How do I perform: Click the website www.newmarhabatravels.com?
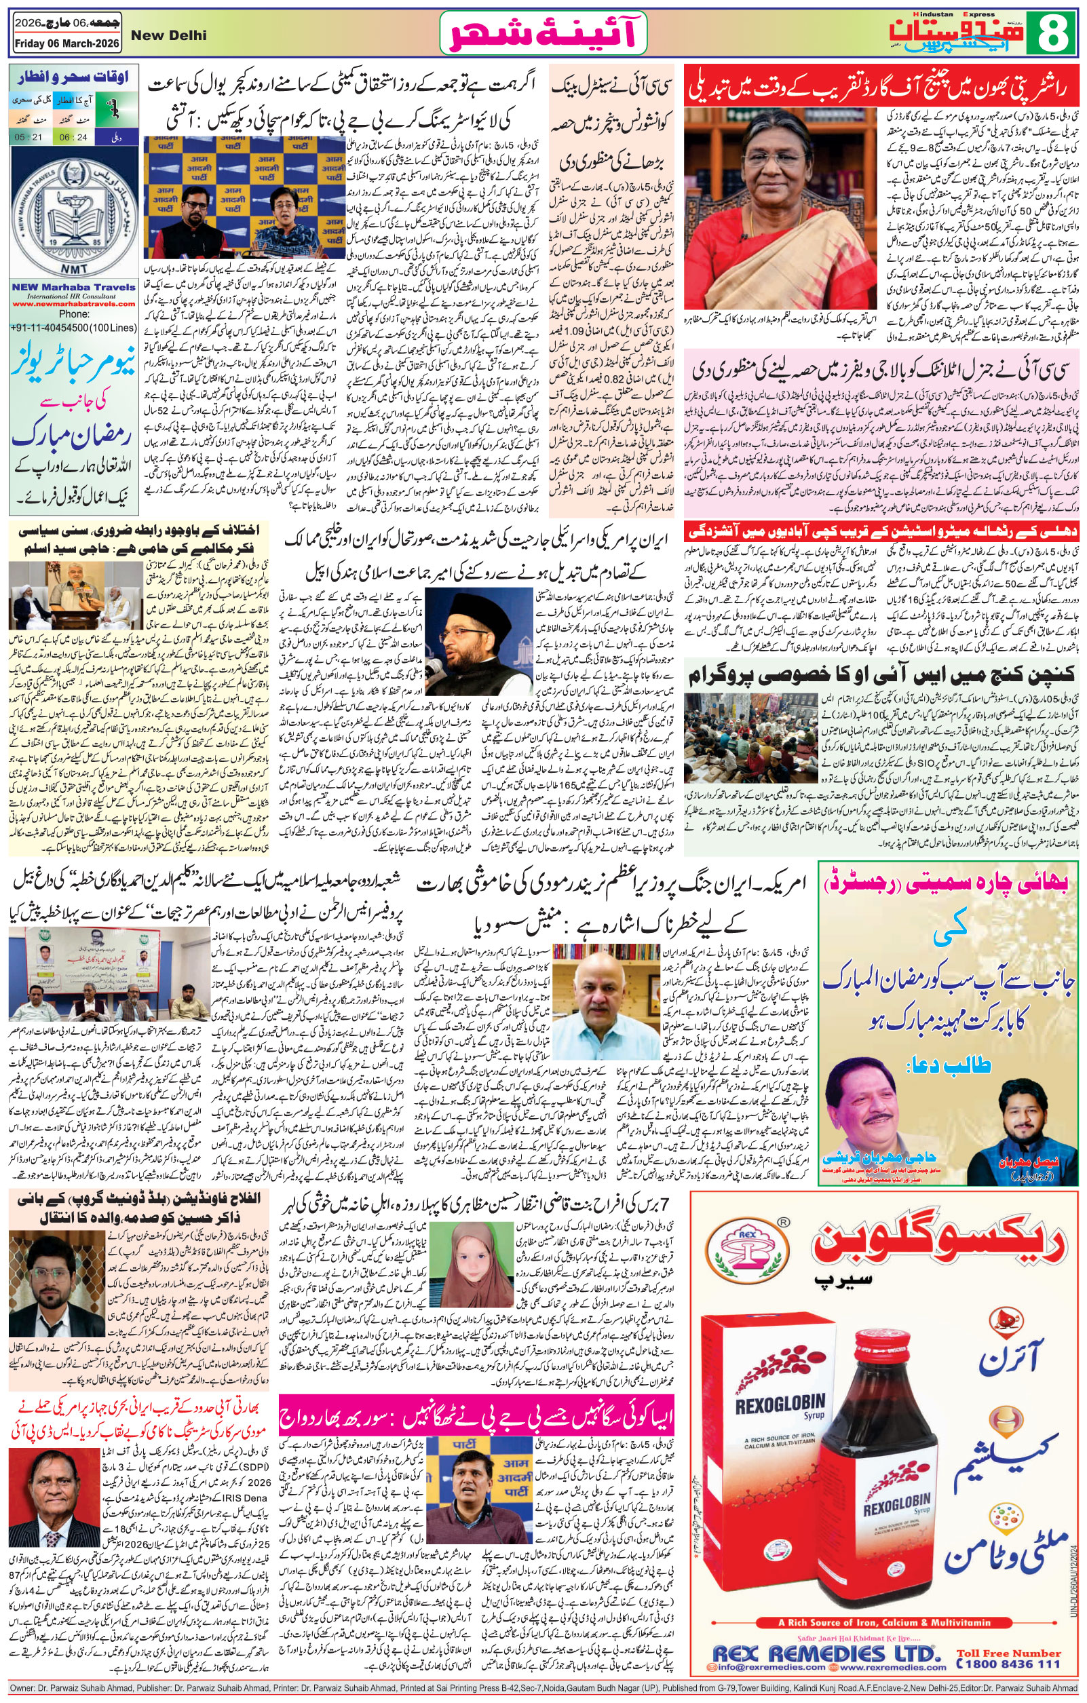coord(73,303)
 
